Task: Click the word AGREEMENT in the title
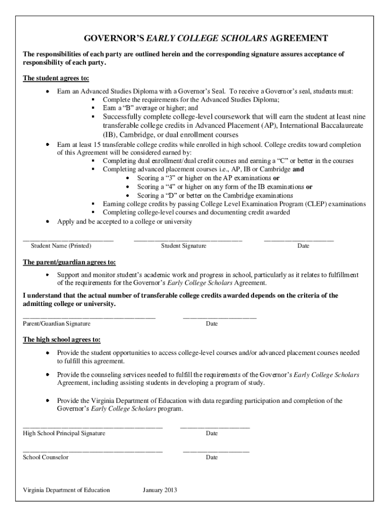[x=299, y=38]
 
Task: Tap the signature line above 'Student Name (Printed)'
[x=68, y=239]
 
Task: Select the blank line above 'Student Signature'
[x=187, y=239]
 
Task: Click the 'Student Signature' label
[x=183, y=246]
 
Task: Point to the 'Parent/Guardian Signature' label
[x=57, y=323]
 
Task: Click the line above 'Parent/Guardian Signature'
[x=89, y=317]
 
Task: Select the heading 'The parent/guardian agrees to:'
[x=69, y=262]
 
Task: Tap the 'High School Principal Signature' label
[x=64, y=433]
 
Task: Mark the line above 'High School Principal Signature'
[x=92, y=427]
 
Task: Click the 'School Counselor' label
[x=45, y=457]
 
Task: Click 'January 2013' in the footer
[x=160, y=490]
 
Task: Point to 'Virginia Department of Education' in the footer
[x=66, y=490]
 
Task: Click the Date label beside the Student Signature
[x=303, y=246]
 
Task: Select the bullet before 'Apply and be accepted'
[x=47, y=222]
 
